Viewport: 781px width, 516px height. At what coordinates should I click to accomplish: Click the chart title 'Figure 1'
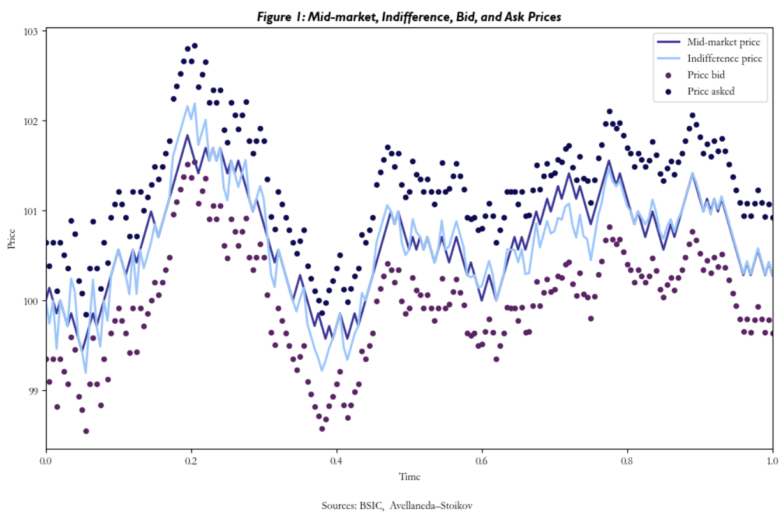[x=409, y=17]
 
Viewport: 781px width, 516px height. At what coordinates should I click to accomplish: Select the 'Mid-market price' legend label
[x=724, y=43]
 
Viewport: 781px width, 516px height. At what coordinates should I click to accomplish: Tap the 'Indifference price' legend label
[x=724, y=59]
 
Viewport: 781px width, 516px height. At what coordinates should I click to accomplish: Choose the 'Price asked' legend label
[x=711, y=91]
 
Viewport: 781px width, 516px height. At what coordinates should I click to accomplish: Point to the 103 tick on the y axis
[x=31, y=31]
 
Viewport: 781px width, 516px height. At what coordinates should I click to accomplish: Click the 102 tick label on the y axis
[x=31, y=121]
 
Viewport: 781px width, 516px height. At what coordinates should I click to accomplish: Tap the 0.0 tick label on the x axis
[x=46, y=459]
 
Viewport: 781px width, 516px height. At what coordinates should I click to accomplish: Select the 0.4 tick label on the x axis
[x=337, y=459]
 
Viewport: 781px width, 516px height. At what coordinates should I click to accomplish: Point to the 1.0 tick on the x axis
[x=772, y=459]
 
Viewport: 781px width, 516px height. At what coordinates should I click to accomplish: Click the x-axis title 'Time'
[x=409, y=476]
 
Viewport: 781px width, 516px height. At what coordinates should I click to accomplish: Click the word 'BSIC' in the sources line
[x=371, y=506]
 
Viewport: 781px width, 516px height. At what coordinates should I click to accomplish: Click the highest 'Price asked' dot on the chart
[x=195, y=46]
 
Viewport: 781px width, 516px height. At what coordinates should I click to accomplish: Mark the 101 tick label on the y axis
[x=31, y=211]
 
